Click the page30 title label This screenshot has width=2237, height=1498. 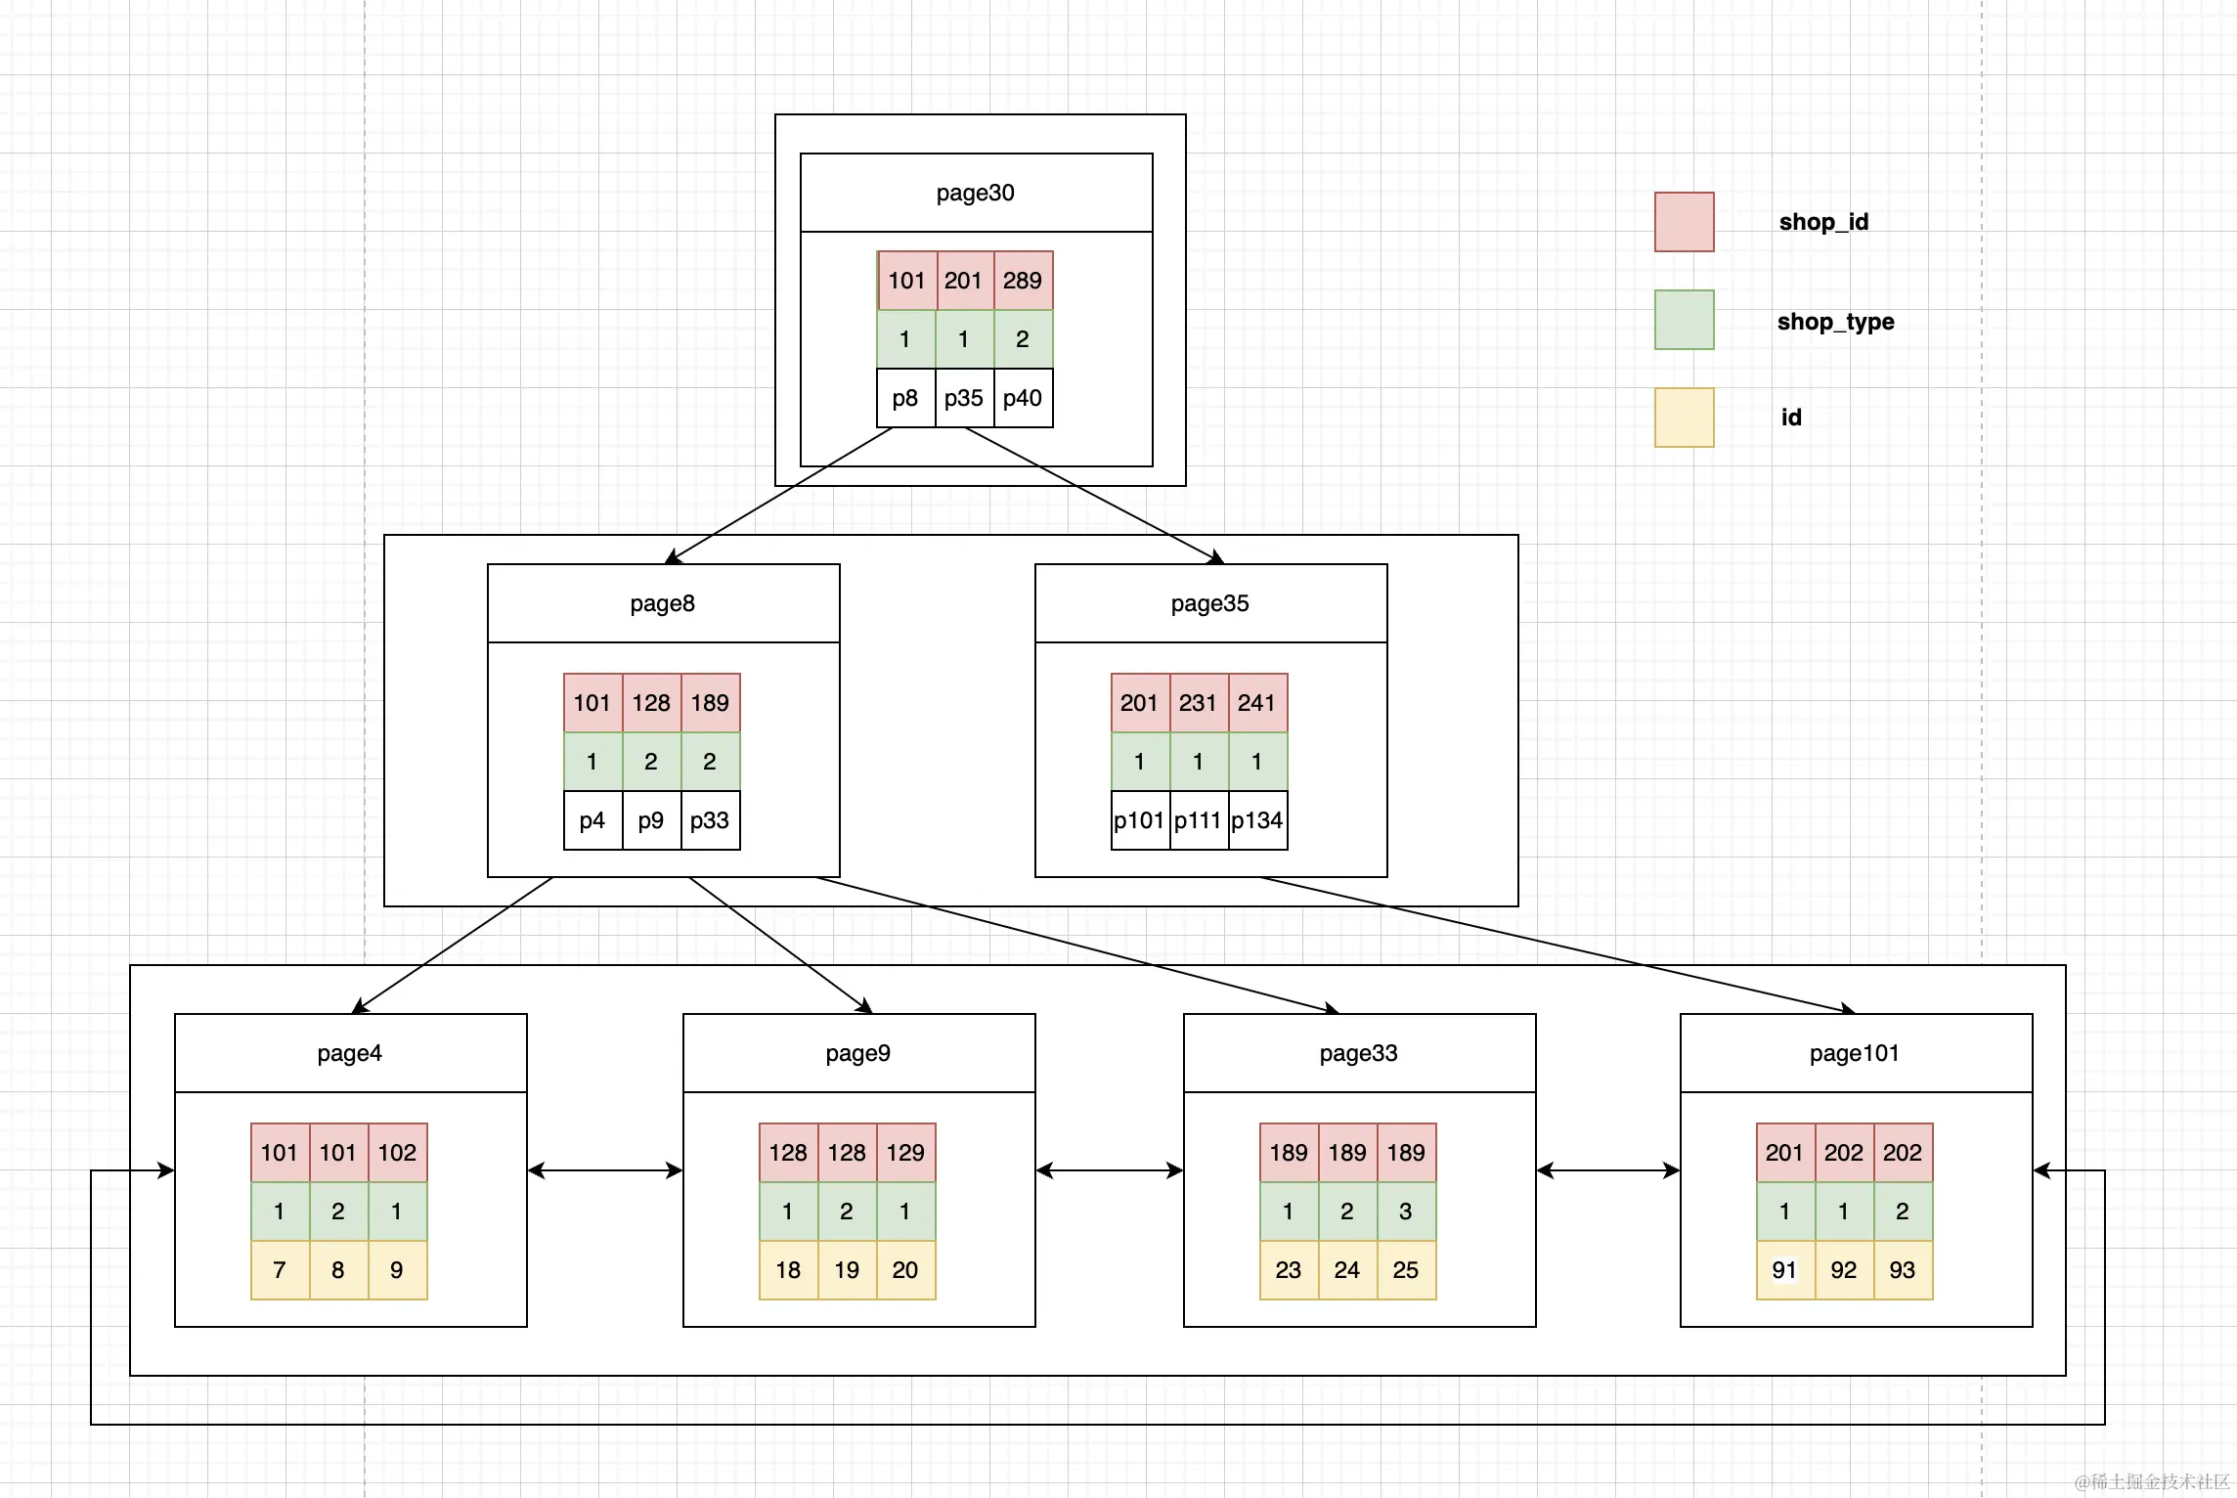pyautogui.click(x=975, y=193)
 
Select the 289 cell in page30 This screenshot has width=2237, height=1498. pyautogui.click(x=1024, y=281)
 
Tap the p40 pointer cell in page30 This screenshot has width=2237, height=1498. pyautogui.click(x=1024, y=398)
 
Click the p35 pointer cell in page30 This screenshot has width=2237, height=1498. pyautogui.click(x=965, y=398)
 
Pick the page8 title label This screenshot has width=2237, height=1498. pyautogui.click(x=663, y=603)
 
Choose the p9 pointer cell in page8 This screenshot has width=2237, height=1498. pyautogui.click(x=652, y=820)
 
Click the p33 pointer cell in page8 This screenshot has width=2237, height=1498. pyautogui.click(x=711, y=820)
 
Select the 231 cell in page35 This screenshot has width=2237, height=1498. pyautogui.click(x=1200, y=703)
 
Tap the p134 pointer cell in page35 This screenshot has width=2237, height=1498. pyautogui.click(x=1258, y=820)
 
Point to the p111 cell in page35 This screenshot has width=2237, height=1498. pyautogui.click(x=1200, y=820)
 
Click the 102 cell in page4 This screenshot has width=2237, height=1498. pyautogui.click(x=398, y=1153)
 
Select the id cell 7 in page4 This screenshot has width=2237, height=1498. pyautogui.click(x=281, y=1270)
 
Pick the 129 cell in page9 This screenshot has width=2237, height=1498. pyautogui.click(x=906, y=1153)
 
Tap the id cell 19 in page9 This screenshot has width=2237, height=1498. pyautogui.click(x=848, y=1270)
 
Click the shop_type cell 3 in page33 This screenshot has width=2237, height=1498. pyautogui.click(x=1407, y=1212)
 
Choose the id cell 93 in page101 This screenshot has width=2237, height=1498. pyautogui.click(x=1904, y=1270)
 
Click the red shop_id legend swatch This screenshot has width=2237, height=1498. pyautogui.click(x=1685, y=222)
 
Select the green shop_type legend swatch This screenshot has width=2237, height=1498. pyautogui.click(x=1685, y=320)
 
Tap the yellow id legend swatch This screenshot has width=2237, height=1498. pyautogui.click(x=1685, y=418)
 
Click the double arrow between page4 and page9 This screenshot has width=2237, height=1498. pyautogui.click(x=605, y=1170)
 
